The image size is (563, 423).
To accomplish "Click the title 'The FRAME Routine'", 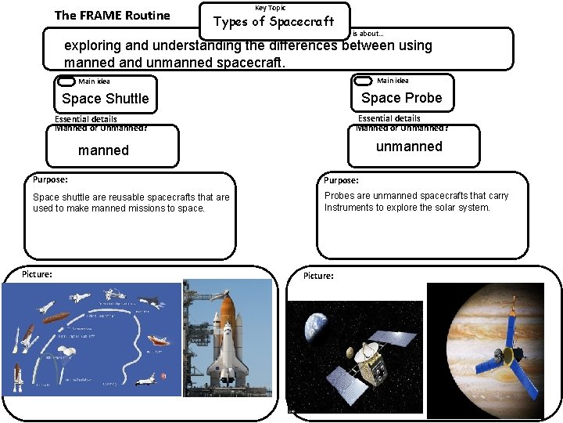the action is (x=112, y=15).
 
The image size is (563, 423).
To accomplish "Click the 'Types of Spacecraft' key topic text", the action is (x=274, y=21).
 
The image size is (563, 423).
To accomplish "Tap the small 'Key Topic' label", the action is (x=271, y=8).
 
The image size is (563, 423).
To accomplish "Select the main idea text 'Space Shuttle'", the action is (x=105, y=99).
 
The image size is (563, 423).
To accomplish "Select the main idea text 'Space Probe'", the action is (x=401, y=98).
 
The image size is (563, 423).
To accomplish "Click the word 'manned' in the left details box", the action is (x=104, y=150).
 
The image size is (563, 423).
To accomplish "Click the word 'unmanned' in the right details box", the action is (x=409, y=146).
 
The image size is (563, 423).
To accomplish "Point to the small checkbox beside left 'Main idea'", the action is (x=66, y=81).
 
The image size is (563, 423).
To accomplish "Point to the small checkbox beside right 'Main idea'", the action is (x=363, y=81).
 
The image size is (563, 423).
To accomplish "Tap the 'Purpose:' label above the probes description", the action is (x=341, y=180).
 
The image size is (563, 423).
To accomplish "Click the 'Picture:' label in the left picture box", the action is (x=38, y=274).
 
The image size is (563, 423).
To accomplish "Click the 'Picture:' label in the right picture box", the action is (x=318, y=276).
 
